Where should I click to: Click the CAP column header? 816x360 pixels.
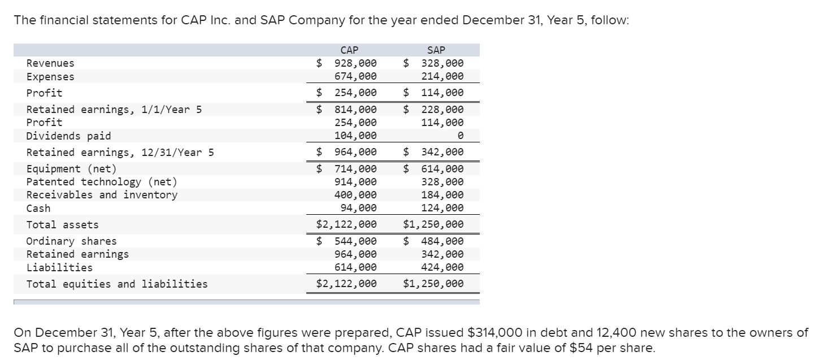coord(350,50)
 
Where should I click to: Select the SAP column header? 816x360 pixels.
coord(437,50)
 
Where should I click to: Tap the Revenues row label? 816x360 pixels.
coord(50,63)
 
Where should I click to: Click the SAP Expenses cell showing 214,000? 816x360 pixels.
coord(442,76)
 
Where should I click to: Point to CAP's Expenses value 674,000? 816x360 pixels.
coord(355,76)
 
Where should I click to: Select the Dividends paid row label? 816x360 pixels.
coord(68,136)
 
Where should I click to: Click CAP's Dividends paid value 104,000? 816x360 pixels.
coord(355,136)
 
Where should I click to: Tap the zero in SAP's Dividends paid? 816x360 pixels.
coord(460,136)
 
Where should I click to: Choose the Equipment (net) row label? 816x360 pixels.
coord(71,168)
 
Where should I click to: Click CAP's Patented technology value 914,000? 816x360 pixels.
coord(355,181)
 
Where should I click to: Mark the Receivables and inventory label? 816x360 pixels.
coord(102,194)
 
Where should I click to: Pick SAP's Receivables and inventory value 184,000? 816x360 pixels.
coord(442,194)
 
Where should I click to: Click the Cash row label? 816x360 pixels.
coord(38,208)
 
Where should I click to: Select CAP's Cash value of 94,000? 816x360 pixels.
coord(358,208)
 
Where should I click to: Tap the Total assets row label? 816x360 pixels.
coord(62,225)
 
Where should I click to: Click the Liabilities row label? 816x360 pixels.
coord(59,267)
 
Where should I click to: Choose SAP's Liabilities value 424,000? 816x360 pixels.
coord(442,267)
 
